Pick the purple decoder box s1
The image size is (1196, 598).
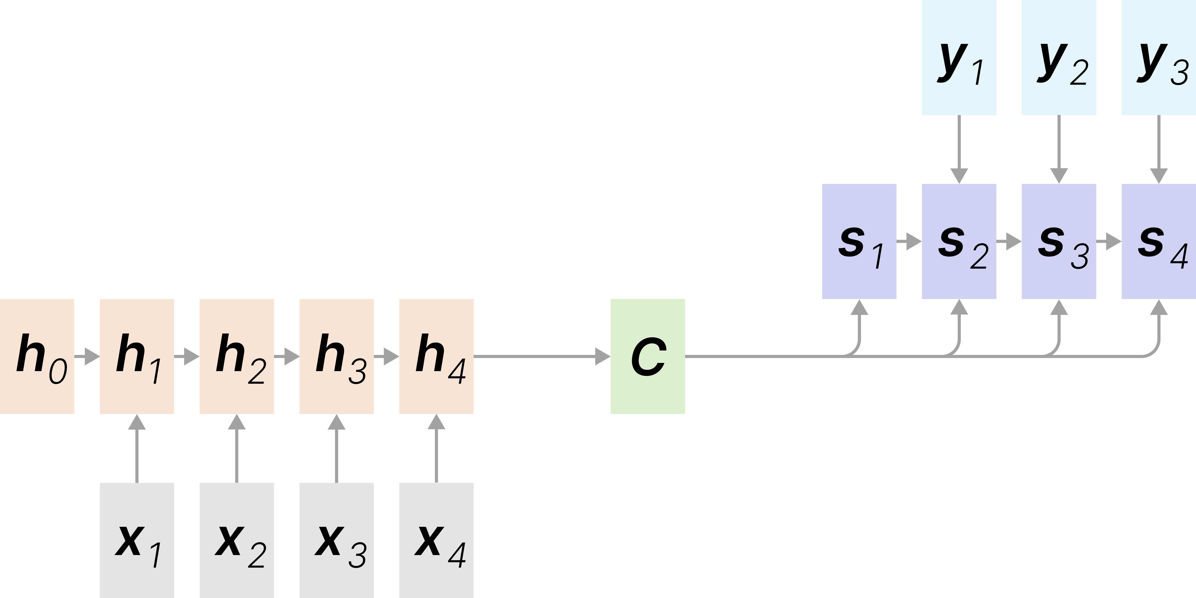coord(859,241)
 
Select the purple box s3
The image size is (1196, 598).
coord(1059,241)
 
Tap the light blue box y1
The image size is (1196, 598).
coord(959,57)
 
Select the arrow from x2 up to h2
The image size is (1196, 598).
coord(237,448)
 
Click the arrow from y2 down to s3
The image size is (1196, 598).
coord(1059,149)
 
